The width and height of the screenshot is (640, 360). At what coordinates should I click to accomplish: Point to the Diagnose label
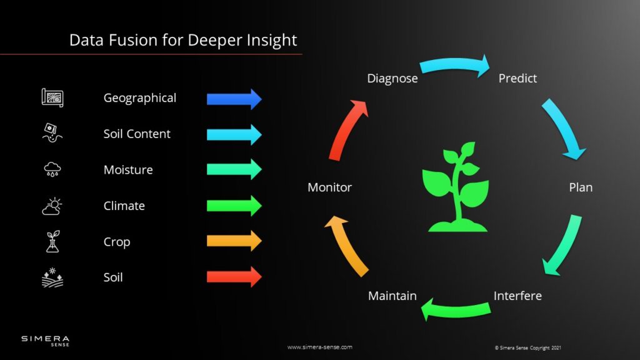click(x=392, y=79)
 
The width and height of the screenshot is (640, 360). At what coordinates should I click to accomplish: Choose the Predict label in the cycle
click(x=517, y=79)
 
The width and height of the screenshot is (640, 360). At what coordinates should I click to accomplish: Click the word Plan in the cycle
click(x=581, y=187)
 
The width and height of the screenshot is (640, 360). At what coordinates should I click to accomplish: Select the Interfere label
click(x=517, y=296)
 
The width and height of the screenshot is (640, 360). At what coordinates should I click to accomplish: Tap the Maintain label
click(x=392, y=296)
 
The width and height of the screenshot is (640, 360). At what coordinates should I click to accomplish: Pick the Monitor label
click(x=329, y=187)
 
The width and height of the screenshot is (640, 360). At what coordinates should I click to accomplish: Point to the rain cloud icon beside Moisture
click(x=52, y=169)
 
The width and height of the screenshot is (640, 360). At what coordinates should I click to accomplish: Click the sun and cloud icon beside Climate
click(x=52, y=206)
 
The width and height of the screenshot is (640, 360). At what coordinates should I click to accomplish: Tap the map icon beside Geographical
click(x=52, y=97)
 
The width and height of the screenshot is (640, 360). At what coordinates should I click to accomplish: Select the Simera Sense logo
click(x=46, y=341)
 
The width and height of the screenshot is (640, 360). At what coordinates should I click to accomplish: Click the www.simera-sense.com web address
click(x=319, y=347)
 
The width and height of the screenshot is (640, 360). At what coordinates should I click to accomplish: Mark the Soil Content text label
click(x=137, y=134)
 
